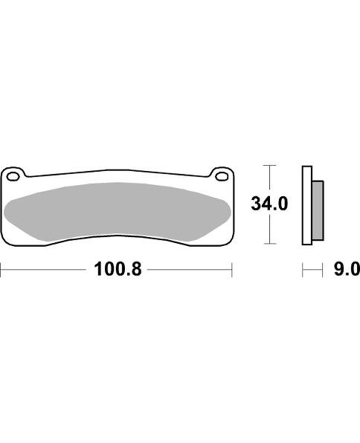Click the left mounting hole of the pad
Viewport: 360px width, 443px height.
pos(13,177)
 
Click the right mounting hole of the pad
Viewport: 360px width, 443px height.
pos(222,177)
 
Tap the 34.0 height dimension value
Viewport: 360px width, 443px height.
pos(269,204)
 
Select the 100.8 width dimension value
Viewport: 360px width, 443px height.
pos(118,269)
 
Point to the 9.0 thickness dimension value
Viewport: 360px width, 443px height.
pos(347,269)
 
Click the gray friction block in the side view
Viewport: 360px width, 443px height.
pos(318,210)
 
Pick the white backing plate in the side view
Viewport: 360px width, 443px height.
pos(307,205)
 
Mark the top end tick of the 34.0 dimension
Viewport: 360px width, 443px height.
pos(269,165)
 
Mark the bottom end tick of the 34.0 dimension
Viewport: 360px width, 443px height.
pos(269,244)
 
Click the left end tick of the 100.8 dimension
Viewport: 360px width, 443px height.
pos(1,270)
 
